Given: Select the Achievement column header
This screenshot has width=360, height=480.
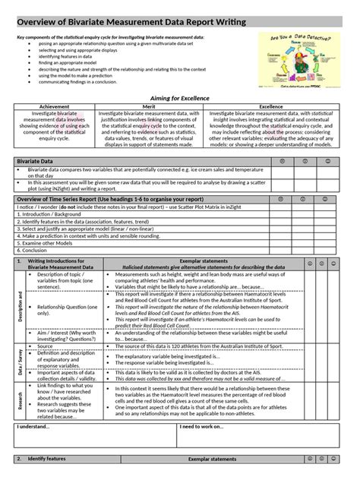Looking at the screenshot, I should (54, 107).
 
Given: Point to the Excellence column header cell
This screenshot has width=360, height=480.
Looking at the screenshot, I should (265, 107).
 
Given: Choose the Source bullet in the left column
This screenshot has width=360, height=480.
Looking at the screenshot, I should (44, 346).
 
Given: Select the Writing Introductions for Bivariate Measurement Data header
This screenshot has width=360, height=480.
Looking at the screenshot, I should (61, 264).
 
